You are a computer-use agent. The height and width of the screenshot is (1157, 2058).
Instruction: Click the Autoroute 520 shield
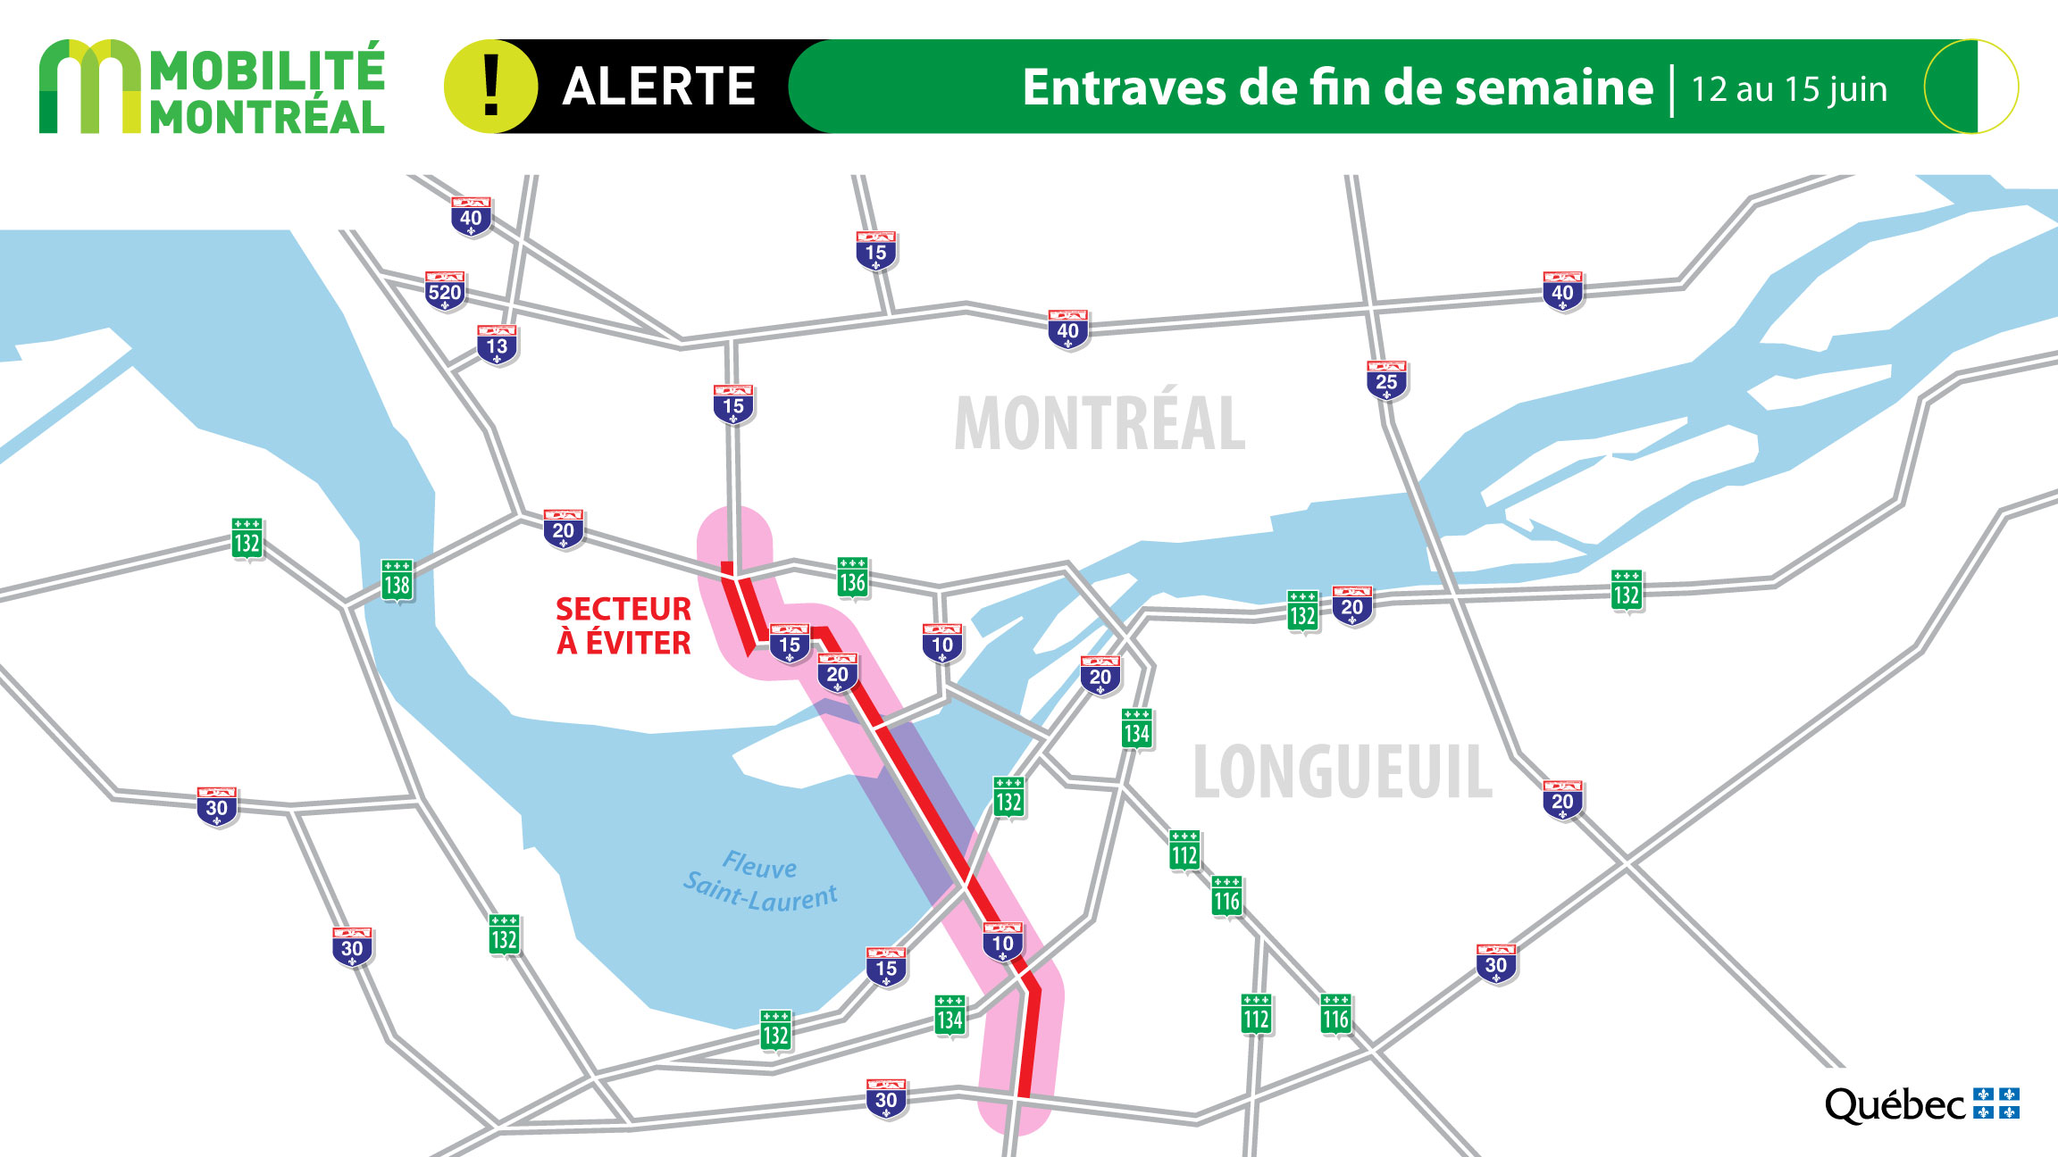(445, 290)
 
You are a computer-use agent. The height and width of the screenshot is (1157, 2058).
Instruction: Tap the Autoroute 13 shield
(497, 345)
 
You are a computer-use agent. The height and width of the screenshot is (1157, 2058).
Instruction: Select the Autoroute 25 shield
(1386, 380)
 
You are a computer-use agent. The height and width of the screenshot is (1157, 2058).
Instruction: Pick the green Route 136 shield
(852, 579)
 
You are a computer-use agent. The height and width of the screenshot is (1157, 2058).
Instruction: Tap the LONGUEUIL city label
(1343, 771)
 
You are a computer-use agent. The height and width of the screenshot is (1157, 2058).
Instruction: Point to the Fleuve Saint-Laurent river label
(761, 881)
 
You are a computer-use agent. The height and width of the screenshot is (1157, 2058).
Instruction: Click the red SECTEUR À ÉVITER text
(623, 626)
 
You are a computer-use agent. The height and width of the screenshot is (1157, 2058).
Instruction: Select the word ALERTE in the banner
(659, 87)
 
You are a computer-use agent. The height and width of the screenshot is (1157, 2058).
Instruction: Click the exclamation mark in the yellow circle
(490, 87)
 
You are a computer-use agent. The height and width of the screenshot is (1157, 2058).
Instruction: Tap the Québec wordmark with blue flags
(1921, 1104)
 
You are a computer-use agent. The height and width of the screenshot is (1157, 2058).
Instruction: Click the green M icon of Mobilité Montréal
(89, 87)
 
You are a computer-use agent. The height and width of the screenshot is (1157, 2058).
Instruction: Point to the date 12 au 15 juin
(1789, 89)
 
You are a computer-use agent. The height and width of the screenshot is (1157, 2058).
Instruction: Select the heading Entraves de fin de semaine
(1337, 87)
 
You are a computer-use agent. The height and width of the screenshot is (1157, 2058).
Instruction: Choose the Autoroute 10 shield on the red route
(1002, 942)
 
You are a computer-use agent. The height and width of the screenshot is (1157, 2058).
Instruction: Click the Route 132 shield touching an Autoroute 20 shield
(1302, 612)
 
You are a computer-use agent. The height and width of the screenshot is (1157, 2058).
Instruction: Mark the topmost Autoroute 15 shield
(875, 251)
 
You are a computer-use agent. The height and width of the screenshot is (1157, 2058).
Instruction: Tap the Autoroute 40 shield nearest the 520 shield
(471, 217)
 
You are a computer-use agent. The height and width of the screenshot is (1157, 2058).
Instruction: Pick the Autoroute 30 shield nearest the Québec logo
(1496, 964)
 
